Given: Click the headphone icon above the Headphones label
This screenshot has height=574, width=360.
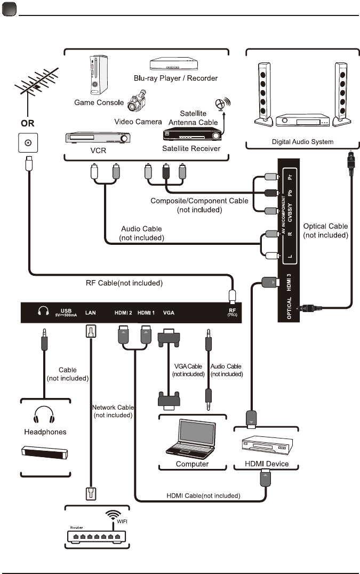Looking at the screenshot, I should [44, 415].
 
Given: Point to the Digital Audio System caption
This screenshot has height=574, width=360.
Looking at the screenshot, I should [302, 142].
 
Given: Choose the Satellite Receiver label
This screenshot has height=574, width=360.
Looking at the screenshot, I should [191, 148].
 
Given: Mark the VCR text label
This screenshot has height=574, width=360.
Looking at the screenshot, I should [98, 150].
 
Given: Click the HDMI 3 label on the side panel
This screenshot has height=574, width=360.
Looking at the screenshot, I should [289, 281].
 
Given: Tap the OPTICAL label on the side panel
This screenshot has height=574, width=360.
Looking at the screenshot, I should [289, 309].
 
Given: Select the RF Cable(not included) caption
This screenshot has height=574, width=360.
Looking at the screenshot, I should [124, 282].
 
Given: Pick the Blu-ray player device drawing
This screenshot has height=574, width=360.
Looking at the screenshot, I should [175, 65].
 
